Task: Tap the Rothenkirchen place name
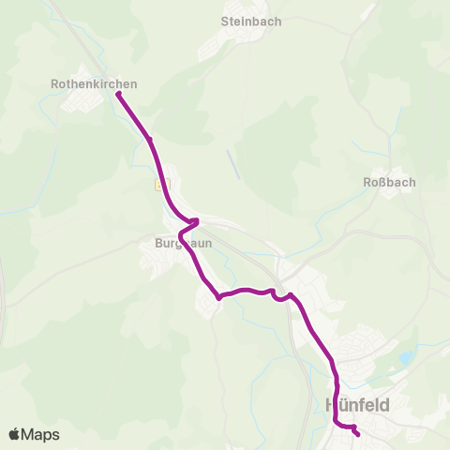(94, 83)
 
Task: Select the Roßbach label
(389, 182)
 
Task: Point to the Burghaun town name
(184, 242)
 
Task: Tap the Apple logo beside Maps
(14, 434)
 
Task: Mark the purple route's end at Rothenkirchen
(118, 94)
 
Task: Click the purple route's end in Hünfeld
(357, 433)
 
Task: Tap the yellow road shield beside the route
(158, 185)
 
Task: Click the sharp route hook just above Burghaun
(196, 221)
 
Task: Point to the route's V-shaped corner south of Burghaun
(218, 298)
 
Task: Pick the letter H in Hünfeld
(331, 405)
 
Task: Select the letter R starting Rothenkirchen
(55, 83)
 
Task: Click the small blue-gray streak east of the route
(233, 164)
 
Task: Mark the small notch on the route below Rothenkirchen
(149, 140)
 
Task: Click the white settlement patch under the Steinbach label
(241, 39)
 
